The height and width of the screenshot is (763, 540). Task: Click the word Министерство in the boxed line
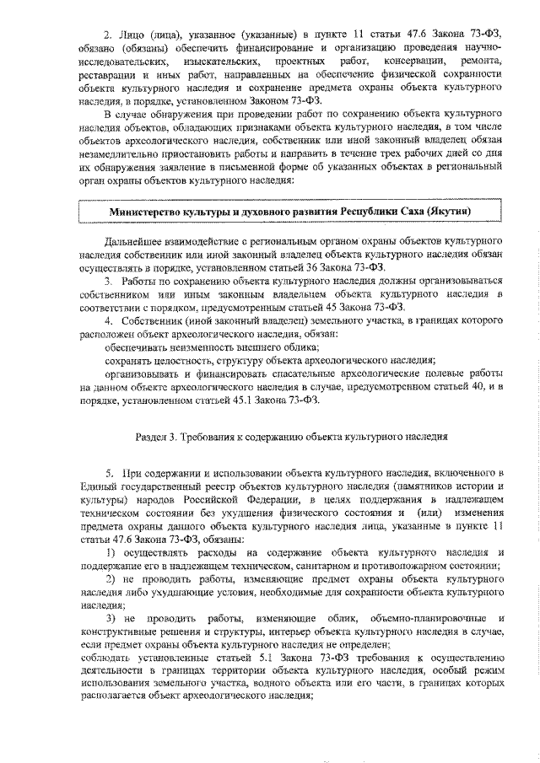click(144, 210)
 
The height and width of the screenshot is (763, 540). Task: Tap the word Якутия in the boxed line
click(448, 210)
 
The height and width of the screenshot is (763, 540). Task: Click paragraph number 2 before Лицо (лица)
click(107, 35)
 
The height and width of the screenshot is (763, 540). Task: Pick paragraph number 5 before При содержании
click(107, 476)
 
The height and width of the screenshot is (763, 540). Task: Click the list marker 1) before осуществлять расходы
click(110, 551)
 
